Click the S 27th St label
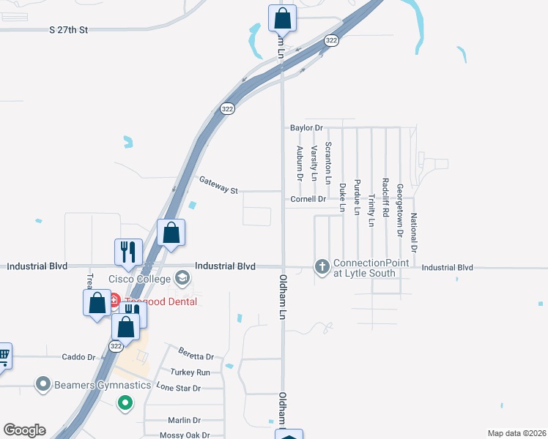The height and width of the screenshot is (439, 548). click(68, 30)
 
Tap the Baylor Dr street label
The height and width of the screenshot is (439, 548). click(306, 127)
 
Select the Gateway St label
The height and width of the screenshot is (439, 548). click(219, 185)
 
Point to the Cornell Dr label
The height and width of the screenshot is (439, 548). click(308, 199)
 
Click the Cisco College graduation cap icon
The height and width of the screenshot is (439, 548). click(182, 278)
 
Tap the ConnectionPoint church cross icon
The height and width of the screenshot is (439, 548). click(322, 268)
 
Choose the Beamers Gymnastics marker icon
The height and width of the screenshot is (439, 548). click(43, 383)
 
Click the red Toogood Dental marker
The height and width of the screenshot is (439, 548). click(114, 301)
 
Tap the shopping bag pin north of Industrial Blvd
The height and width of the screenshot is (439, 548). click(171, 233)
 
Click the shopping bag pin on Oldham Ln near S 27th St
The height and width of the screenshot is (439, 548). click(282, 18)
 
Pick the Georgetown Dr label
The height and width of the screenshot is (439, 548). click(400, 209)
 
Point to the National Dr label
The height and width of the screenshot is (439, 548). click(414, 232)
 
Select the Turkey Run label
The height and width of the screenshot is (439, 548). click(190, 372)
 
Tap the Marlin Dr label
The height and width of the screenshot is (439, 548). click(184, 420)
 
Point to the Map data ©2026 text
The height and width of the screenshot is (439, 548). click(516, 433)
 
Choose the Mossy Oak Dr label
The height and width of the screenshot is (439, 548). click(179, 435)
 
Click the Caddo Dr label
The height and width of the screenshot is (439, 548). click(81, 357)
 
